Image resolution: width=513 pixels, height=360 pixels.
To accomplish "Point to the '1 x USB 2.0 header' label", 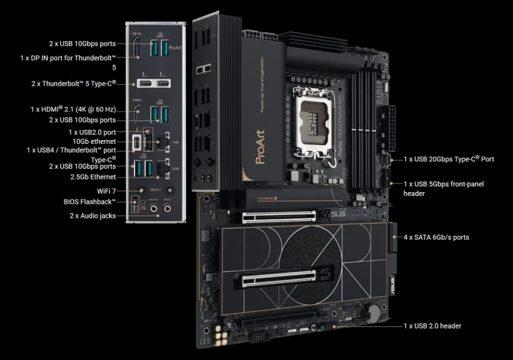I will tap(432, 326).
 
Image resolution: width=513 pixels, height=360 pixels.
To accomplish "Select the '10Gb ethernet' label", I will tap(95, 140).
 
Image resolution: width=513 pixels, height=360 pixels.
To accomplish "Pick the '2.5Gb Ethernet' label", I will tap(91, 177).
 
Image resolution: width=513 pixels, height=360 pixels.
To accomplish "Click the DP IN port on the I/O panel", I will tap(137, 49).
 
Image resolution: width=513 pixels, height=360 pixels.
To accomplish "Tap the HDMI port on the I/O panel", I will tap(137, 114).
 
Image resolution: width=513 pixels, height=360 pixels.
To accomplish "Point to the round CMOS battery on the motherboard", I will tap(375, 313).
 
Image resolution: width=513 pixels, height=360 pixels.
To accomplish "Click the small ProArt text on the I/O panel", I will tap(174, 48).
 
